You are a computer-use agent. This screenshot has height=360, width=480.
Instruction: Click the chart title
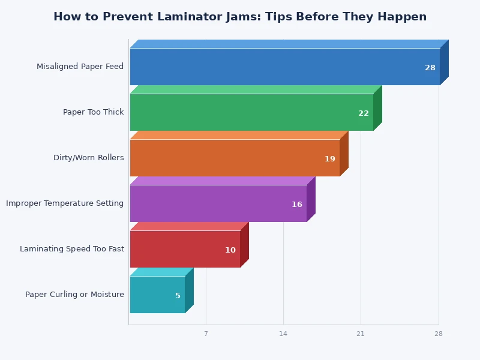click(x=240, y=17)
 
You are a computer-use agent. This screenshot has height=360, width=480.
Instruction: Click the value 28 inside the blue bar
click(x=430, y=68)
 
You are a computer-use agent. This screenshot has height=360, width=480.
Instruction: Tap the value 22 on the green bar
click(x=364, y=113)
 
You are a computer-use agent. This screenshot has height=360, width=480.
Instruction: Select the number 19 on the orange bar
click(x=330, y=159)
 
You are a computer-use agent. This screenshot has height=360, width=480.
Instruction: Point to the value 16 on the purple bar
click(x=297, y=205)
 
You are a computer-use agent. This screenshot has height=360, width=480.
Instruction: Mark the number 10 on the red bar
click(x=230, y=250)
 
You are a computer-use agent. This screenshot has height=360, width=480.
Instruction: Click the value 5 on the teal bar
click(x=178, y=296)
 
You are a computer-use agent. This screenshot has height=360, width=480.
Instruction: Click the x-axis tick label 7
click(x=206, y=334)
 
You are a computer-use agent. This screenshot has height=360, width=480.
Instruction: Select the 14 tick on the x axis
click(x=283, y=334)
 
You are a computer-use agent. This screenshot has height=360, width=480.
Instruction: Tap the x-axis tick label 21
click(x=361, y=334)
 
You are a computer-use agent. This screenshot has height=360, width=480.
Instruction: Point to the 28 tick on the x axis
click(x=439, y=334)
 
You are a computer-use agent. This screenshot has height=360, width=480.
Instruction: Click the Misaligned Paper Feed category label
click(x=80, y=67)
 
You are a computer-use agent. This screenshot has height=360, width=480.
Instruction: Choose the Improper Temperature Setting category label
click(x=65, y=203)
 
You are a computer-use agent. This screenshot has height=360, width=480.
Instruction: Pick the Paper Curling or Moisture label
click(x=74, y=295)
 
